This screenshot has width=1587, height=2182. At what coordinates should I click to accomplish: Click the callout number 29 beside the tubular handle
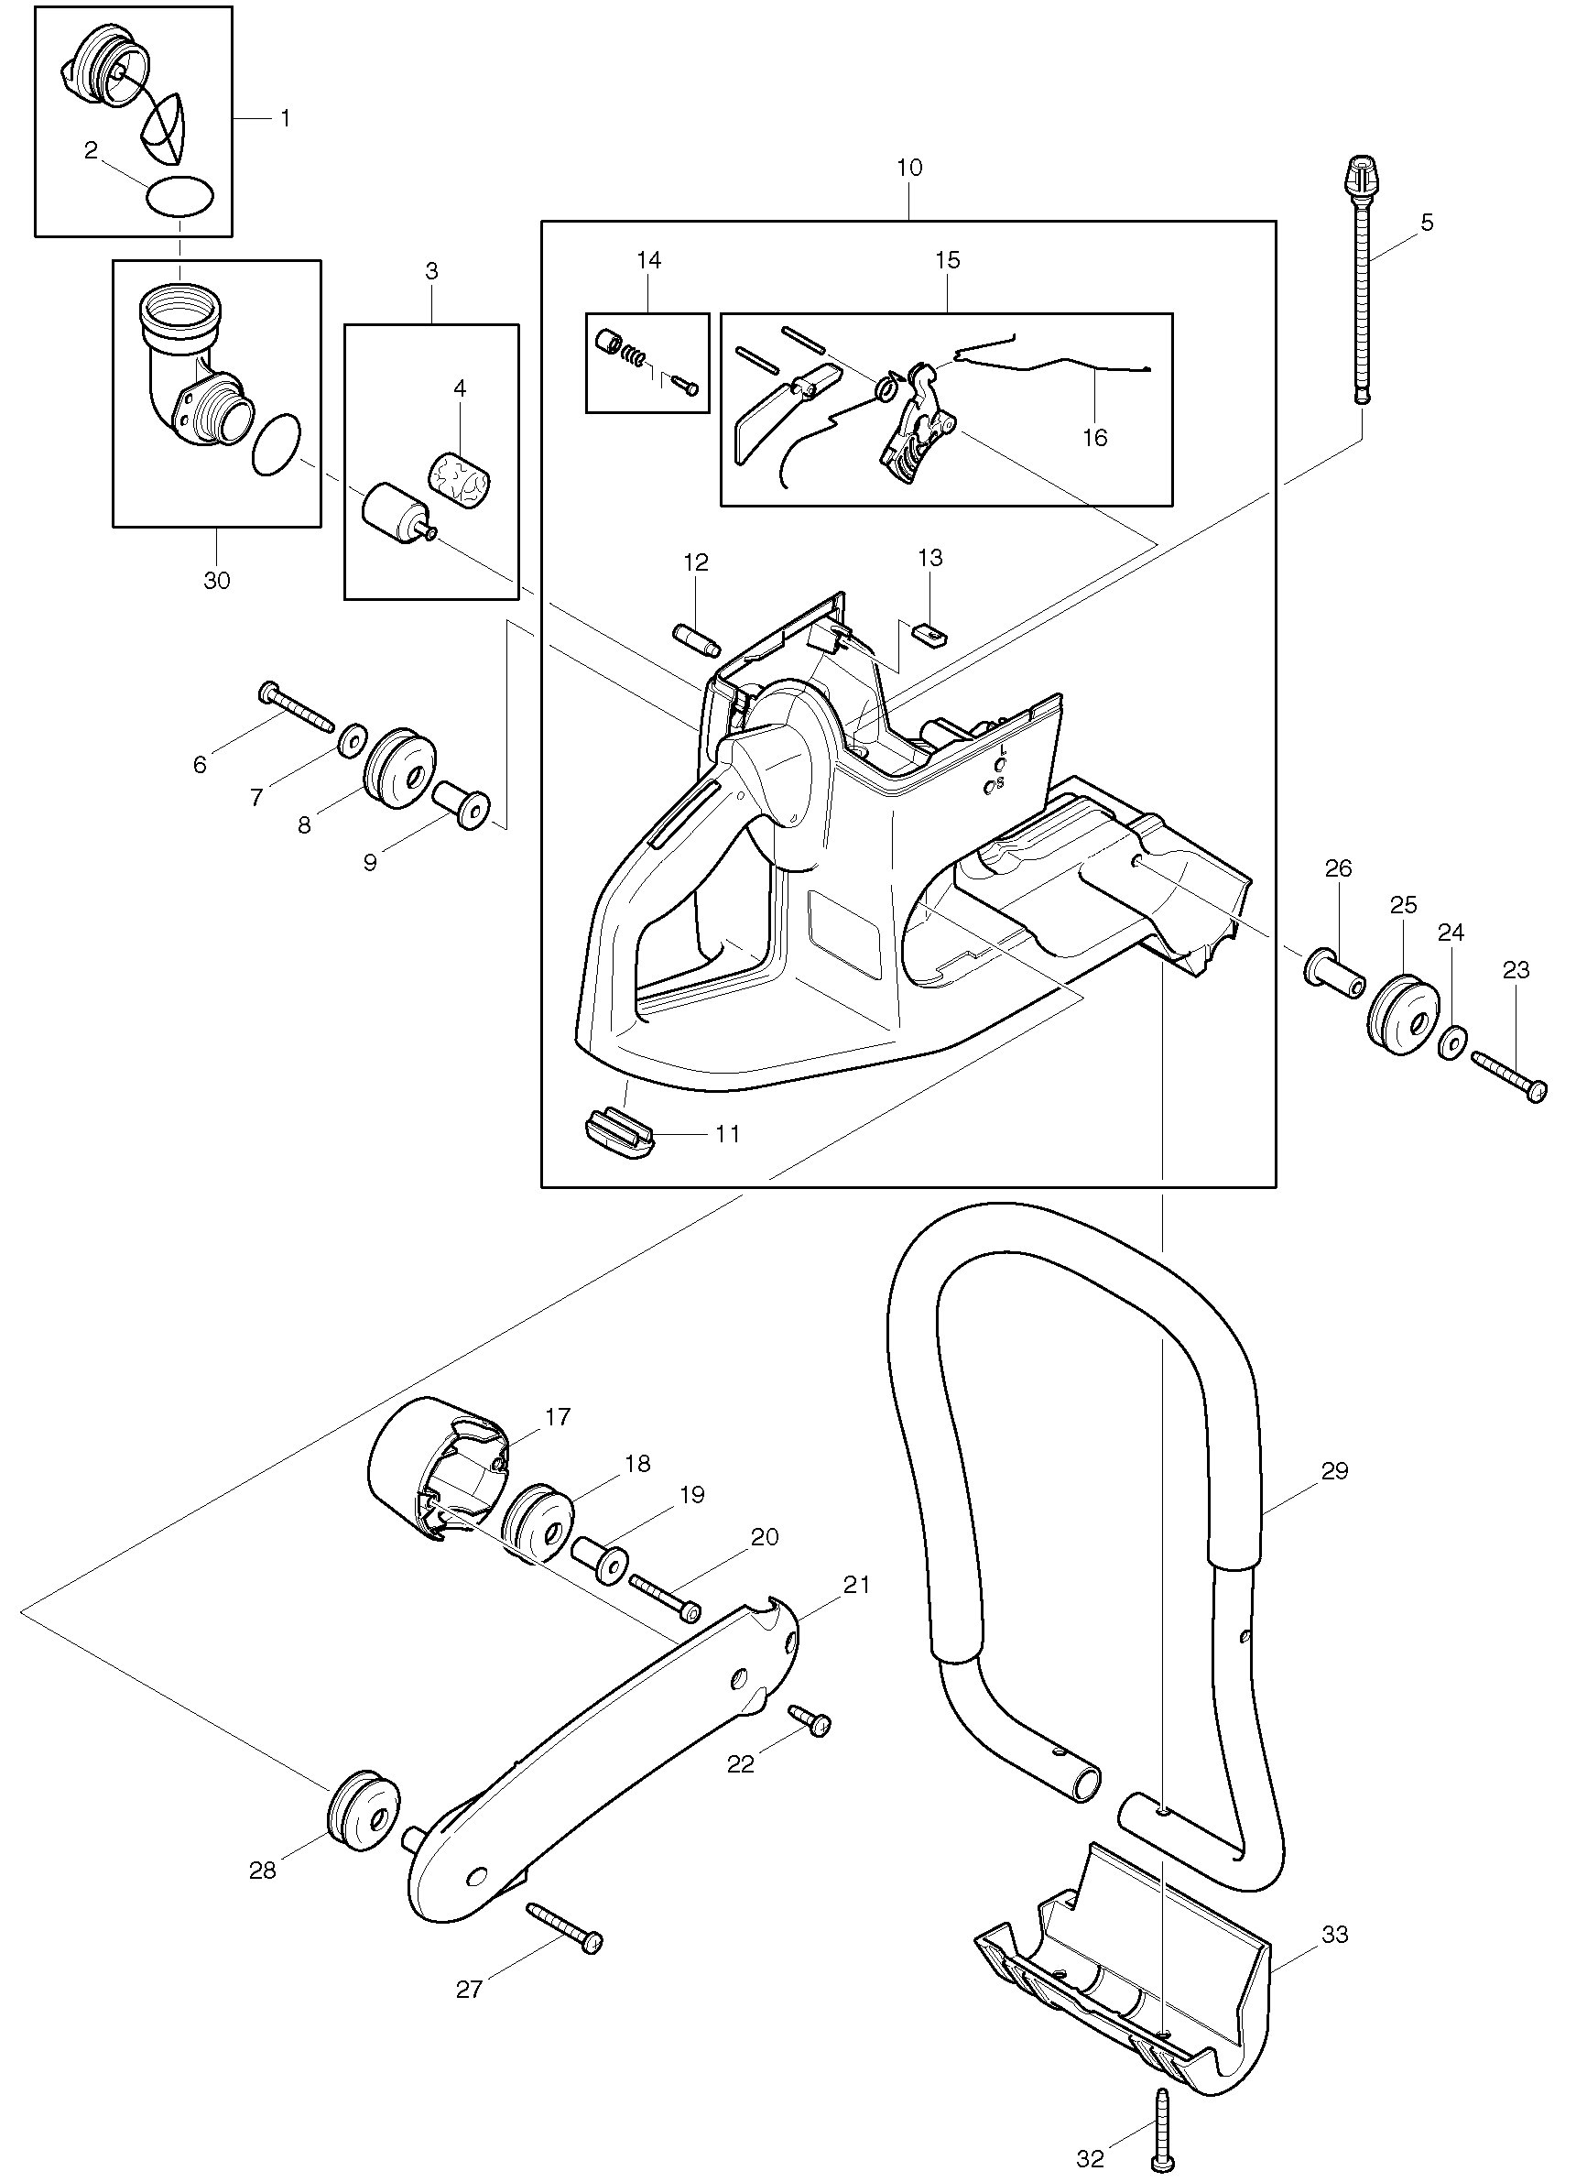(1335, 1471)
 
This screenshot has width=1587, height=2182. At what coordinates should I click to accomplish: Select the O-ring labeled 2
(179, 198)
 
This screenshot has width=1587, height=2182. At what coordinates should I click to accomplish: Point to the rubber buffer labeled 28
(363, 1811)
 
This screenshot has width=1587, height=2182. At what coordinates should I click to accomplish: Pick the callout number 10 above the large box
(909, 168)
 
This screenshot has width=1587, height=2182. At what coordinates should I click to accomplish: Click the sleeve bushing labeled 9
(462, 806)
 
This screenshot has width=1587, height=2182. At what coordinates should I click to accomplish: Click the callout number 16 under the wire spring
(1094, 438)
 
